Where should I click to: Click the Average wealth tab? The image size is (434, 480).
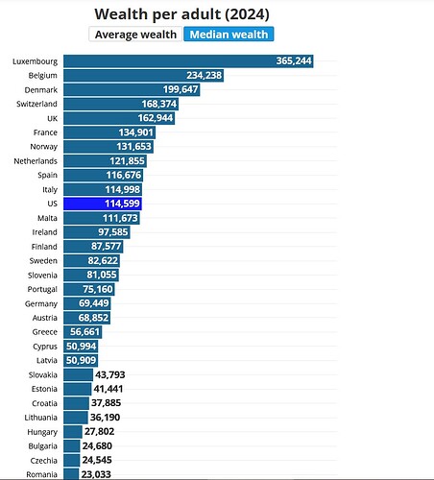point(135,35)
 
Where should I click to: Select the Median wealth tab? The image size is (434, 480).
point(229,35)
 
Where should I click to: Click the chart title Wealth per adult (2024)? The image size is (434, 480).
point(181,14)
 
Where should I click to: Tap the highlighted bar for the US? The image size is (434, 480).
point(103,204)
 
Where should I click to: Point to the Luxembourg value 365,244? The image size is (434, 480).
point(294,60)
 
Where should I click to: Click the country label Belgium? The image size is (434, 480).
point(43,76)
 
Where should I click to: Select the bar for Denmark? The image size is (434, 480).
point(132,89)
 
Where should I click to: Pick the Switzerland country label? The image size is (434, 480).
point(36,104)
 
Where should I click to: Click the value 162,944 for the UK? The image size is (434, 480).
point(156,118)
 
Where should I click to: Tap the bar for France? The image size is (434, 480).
point(109,132)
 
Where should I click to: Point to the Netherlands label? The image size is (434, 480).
point(36,161)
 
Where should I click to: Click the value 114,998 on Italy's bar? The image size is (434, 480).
point(123,189)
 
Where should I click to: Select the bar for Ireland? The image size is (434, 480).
point(97,232)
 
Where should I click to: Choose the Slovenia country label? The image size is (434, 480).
point(42,276)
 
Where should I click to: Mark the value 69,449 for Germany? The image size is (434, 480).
point(94,303)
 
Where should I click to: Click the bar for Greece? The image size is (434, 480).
point(83,332)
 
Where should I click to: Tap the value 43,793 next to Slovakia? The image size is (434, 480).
point(110,374)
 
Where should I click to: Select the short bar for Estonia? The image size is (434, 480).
point(78,389)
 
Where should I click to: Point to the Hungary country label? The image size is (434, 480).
point(42,432)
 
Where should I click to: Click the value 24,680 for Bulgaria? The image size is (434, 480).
point(97,445)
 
